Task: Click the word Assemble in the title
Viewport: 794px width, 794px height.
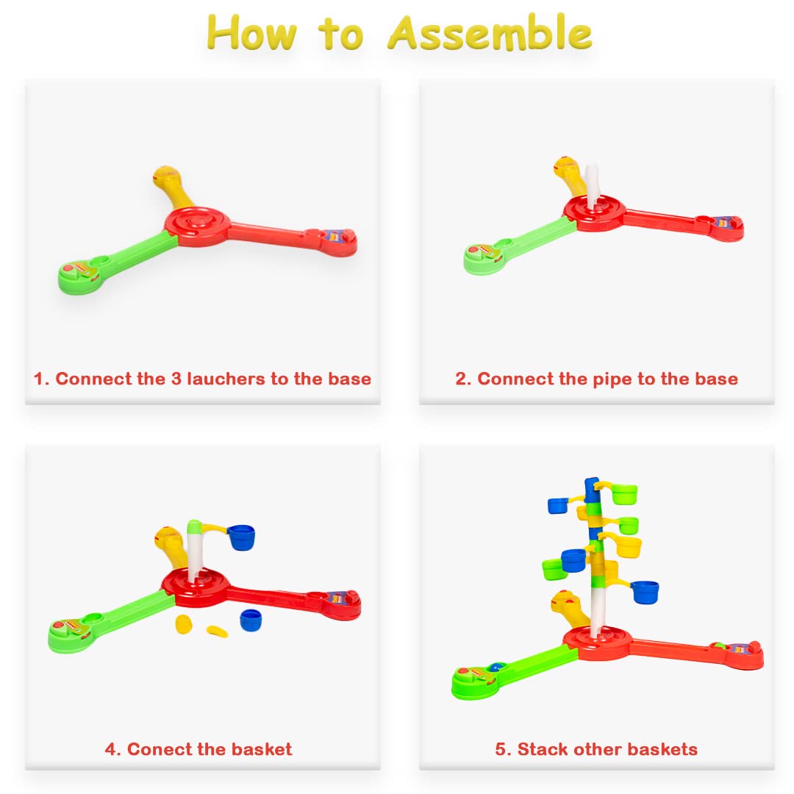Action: click(x=490, y=33)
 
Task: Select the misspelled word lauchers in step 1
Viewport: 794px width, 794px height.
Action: click(x=227, y=379)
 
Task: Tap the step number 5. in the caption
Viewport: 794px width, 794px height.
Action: click(x=503, y=750)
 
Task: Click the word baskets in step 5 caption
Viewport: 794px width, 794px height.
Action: click(x=660, y=750)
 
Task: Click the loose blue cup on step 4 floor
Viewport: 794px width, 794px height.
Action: click(x=250, y=620)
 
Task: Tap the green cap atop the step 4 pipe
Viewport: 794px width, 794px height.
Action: click(x=194, y=526)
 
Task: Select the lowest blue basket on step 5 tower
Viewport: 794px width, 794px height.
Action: click(x=644, y=591)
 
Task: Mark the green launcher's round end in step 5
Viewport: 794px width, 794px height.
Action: click(x=471, y=682)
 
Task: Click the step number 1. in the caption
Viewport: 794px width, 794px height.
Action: click(x=41, y=379)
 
